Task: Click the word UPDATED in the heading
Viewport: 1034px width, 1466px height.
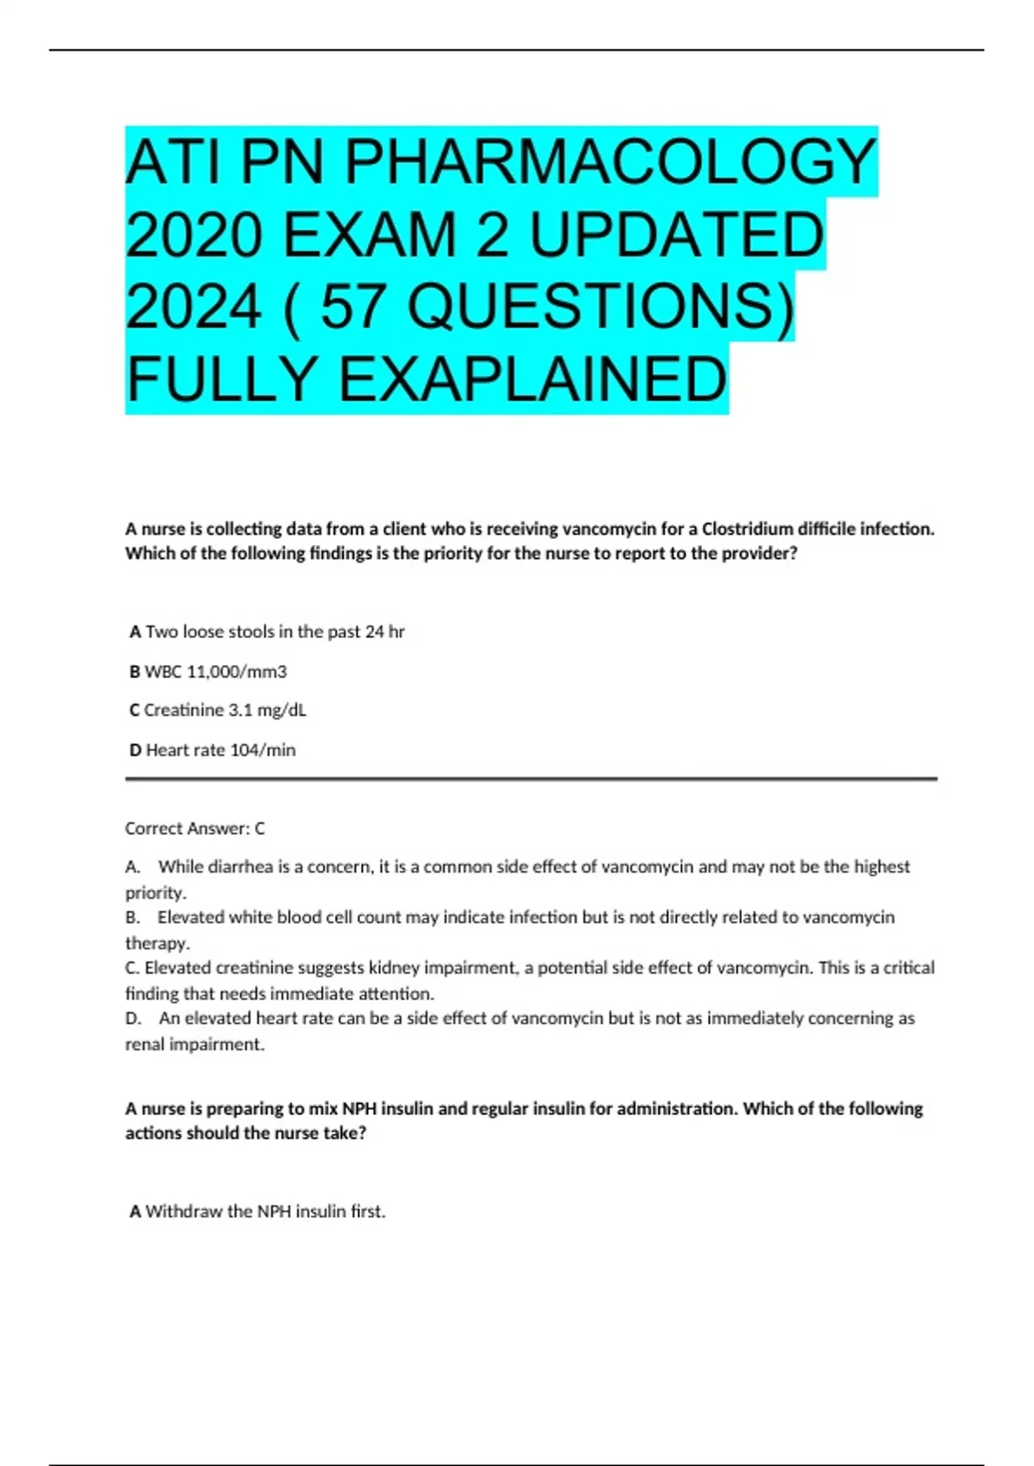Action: pyautogui.click(x=676, y=235)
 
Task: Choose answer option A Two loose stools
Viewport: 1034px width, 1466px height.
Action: pyautogui.click(x=267, y=632)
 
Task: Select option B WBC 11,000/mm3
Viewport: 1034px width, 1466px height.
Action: pyautogui.click(x=209, y=672)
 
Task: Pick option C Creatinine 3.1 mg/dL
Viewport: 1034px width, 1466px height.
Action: pyautogui.click(x=218, y=711)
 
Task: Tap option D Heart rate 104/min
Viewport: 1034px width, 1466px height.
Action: pyautogui.click(x=213, y=750)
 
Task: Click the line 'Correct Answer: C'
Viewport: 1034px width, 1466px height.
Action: pyautogui.click(x=195, y=829)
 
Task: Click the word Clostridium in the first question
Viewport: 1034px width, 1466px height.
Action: pyautogui.click(x=745, y=529)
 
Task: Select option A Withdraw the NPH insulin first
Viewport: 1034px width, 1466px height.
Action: pyautogui.click(x=258, y=1212)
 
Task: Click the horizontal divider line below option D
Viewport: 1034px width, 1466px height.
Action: pyautogui.click(x=531, y=780)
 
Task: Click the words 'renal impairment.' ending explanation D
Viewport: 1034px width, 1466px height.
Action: pyautogui.click(x=195, y=1044)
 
